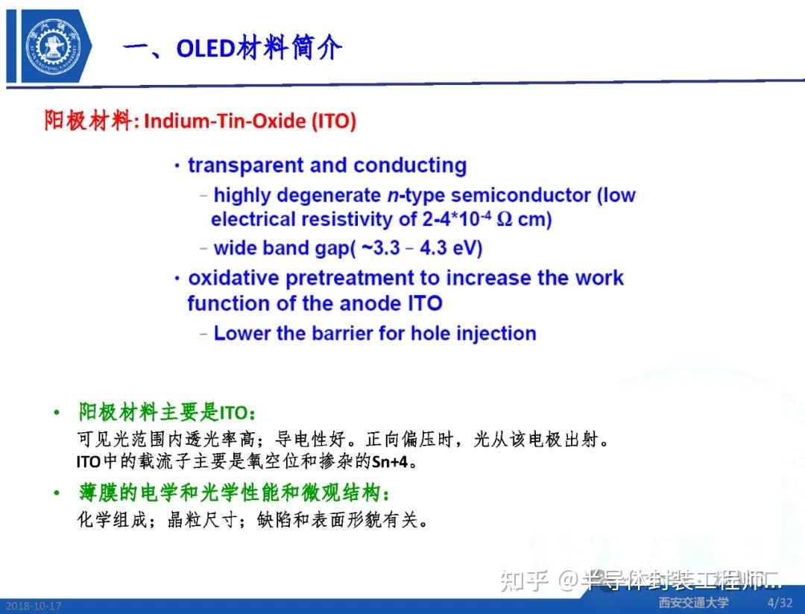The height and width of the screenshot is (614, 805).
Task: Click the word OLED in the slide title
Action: [206, 48]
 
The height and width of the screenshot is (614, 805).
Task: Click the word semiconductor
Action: [521, 195]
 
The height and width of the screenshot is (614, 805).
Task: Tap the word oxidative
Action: [235, 279]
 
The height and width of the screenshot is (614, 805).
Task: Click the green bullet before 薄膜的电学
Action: [56, 493]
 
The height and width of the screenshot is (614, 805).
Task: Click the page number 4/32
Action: [780, 602]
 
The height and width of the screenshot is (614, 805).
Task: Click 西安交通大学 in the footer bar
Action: [693, 602]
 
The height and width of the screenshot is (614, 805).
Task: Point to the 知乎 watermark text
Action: [525, 580]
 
